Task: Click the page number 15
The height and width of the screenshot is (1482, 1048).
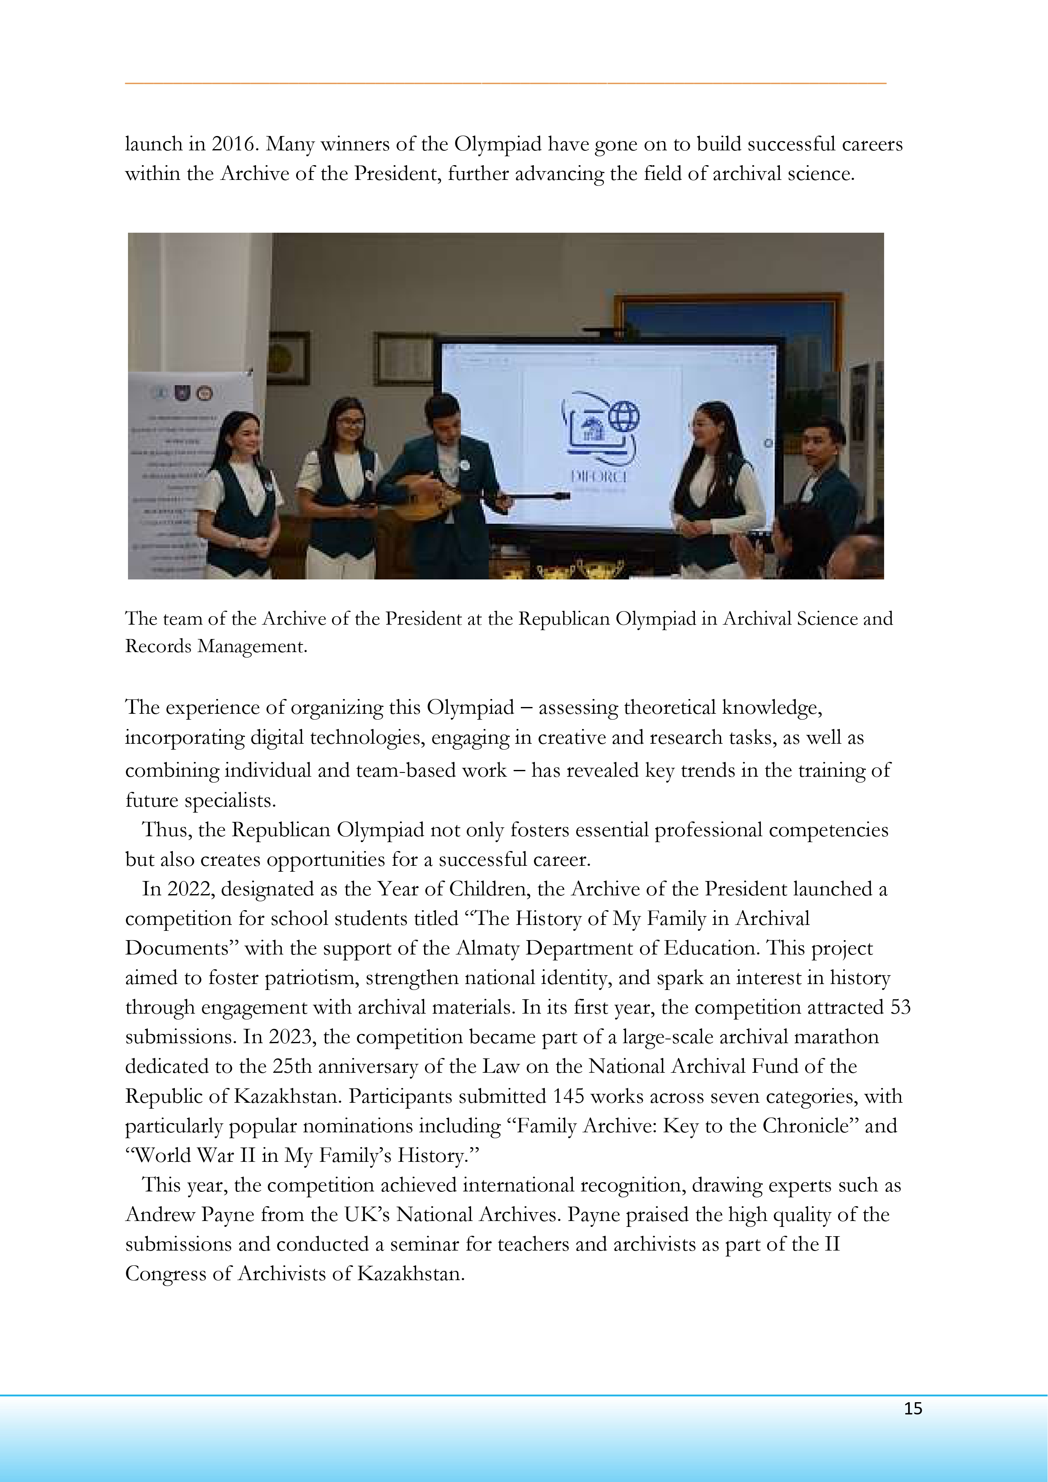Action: (x=912, y=1409)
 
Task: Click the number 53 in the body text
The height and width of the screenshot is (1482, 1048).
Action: (x=900, y=1008)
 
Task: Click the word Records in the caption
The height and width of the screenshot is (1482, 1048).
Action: (x=158, y=646)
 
